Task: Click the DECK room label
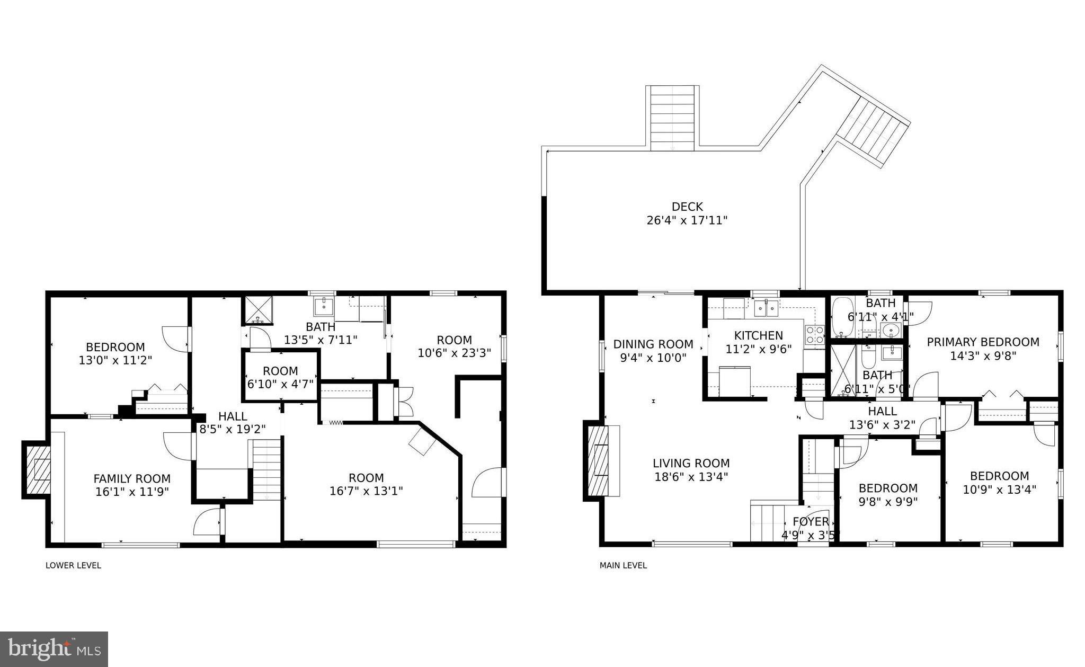(687, 207)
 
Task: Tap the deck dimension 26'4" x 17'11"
(687, 220)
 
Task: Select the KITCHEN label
(758, 335)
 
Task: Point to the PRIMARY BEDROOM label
(982, 342)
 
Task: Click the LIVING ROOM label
(691, 463)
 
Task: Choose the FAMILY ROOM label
(132, 479)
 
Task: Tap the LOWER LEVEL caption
(73, 565)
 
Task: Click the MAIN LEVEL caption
(622, 565)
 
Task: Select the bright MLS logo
(54, 648)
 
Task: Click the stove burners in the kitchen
(814, 335)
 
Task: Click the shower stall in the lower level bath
(258, 309)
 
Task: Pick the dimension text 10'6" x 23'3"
(454, 353)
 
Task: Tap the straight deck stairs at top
(672, 118)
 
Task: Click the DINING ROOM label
(653, 344)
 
